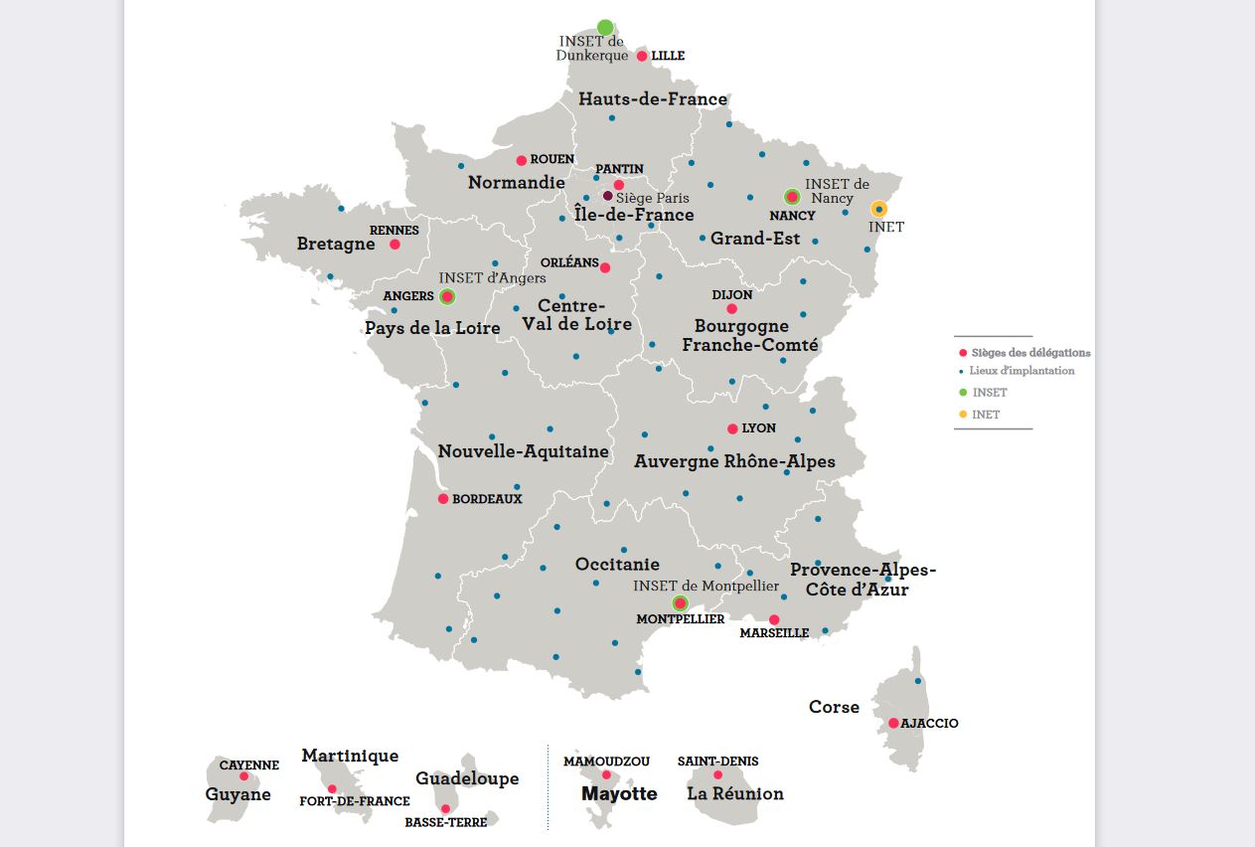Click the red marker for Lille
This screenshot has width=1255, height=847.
tap(642, 56)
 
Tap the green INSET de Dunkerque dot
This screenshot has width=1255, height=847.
tap(605, 27)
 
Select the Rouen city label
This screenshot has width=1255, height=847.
tap(552, 159)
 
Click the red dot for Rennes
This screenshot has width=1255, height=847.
tap(394, 245)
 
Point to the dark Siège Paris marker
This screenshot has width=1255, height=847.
tap(608, 196)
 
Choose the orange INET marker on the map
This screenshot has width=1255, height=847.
tap(878, 209)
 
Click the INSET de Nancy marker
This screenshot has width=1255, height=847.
tap(792, 197)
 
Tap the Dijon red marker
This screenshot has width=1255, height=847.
tap(732, 309)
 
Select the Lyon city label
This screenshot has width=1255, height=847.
tap(759, 428)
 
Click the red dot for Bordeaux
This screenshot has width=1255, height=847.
tap(443, 499)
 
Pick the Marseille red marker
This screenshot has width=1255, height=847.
tap(774, 619)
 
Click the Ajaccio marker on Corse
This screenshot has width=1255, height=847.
tap(893, 723)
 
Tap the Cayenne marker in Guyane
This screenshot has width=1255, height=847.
tap(243, 776)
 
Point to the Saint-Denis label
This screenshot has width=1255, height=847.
tap(717, 762)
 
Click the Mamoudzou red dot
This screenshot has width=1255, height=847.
tap(606, 774)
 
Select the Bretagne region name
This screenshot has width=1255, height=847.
tap(336, 245)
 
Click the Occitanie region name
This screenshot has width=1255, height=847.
tap(617, 565)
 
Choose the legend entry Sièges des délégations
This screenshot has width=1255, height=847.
tap(1030, 353)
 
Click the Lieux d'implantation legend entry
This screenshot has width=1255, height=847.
tap(1021, 371)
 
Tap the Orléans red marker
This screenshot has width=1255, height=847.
tap(605, 267)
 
